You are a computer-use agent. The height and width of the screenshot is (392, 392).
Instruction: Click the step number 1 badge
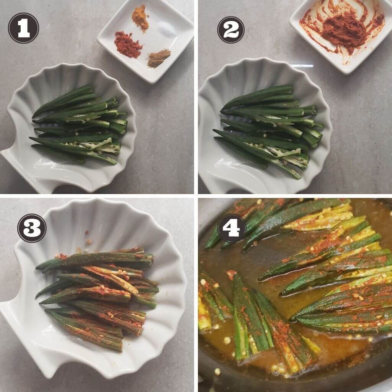coord(23,28)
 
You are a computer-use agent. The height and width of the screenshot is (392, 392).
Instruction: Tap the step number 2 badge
coord(231,30)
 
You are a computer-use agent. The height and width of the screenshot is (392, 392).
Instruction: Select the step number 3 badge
coord(32,228)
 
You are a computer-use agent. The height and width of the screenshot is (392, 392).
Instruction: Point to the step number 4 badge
coord(231,228)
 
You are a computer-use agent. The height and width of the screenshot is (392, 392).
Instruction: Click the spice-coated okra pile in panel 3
coord(98,297)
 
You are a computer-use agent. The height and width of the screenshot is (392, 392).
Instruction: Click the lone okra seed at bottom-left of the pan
coord(217,371)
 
